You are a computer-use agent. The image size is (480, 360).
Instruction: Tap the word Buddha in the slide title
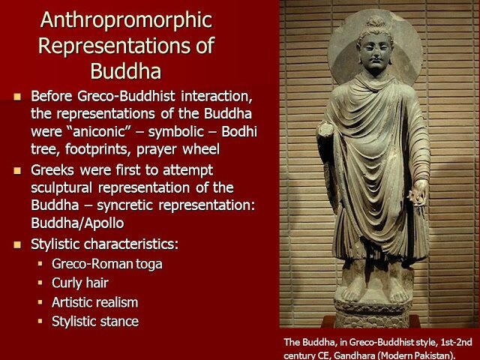[126, 71]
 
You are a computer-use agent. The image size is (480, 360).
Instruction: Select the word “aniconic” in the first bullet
[100, 132]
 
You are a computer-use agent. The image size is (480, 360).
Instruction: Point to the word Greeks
[52, 170]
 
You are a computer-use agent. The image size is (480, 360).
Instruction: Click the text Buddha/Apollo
[77, 223]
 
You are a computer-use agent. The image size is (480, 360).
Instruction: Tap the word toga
[149, 265]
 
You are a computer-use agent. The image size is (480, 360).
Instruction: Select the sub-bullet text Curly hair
[80, 283]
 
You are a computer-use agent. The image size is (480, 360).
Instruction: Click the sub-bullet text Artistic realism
[95, 302]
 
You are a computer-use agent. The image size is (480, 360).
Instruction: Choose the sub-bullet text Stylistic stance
[95, 322]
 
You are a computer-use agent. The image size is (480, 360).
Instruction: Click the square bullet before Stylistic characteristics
[17, 244]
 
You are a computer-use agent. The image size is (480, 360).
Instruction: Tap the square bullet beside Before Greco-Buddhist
[17, 97]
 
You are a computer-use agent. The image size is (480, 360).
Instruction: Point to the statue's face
[375, 51]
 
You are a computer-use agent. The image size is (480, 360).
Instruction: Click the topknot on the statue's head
[376, 22]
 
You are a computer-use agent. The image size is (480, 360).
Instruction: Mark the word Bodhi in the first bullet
[239, 132]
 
